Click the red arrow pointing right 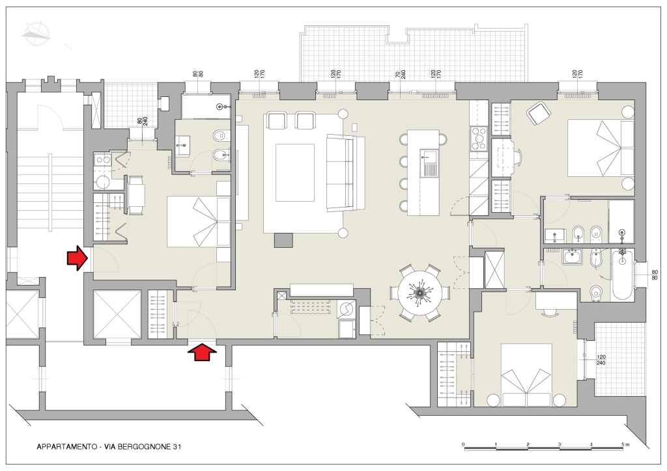(77, 258)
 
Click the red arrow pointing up (202, 352)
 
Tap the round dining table (420, 293)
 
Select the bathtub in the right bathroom (622, 275)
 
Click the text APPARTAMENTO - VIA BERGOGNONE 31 (109, 447)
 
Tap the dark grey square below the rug (284, 241)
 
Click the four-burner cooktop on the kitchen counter (479, 139)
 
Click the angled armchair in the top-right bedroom (539, 113)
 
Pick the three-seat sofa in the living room (345, 172)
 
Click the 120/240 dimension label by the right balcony (601, 360)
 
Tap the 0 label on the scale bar (463, 445)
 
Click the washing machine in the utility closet (347, 308)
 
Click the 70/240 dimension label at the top (401, 75)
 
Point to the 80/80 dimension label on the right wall (654, 275)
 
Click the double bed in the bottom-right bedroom (526, 375)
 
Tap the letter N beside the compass (68, 47)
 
